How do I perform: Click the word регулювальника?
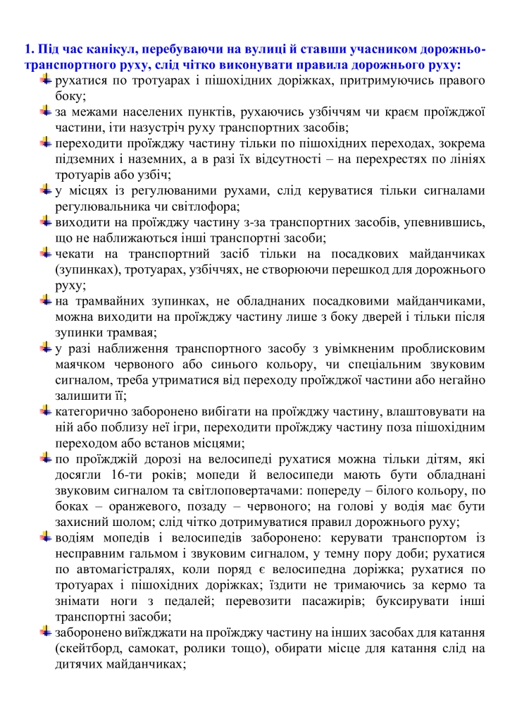[99, 206]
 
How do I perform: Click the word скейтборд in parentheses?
[93, 648]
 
